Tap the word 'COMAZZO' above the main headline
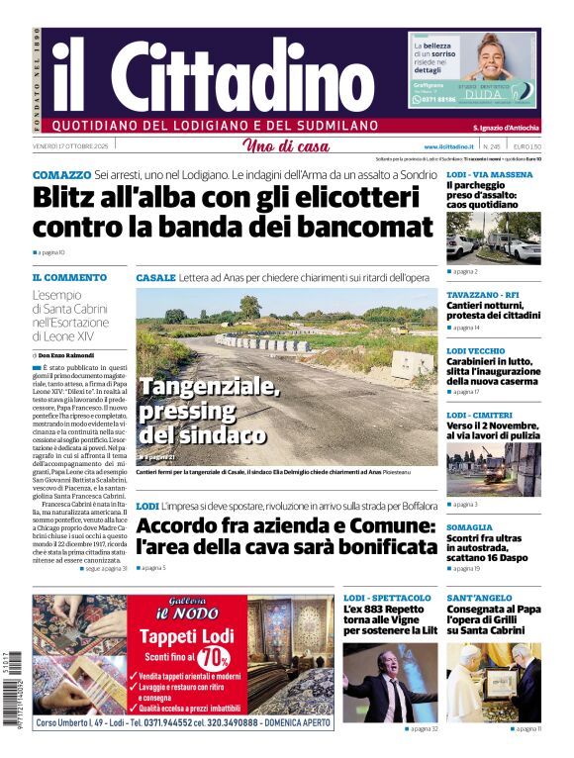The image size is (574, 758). [61, 174]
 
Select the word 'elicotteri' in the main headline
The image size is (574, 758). [352, 197]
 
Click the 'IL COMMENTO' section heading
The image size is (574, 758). [69, 278]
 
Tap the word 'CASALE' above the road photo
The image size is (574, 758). [155, 278]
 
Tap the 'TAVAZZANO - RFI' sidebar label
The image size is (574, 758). [482, 295]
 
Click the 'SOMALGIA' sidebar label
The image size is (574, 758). [469, 527]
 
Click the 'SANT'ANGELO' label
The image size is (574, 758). [479, 599]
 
